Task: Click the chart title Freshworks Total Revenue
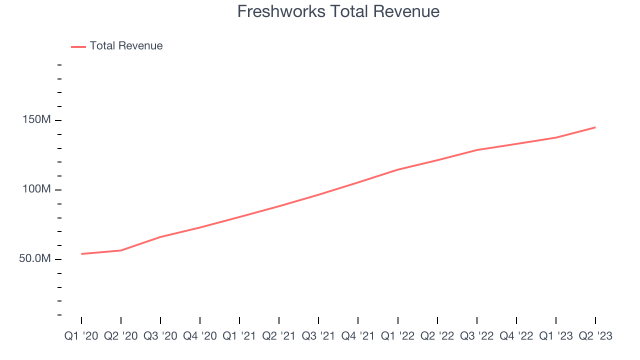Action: coord(338,11)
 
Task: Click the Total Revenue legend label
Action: coord(126,46)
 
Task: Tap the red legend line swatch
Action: coord(78,46)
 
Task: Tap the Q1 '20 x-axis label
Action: coord(81,336)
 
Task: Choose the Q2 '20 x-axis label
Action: coord(121,336)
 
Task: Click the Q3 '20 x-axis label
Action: coord(160,336)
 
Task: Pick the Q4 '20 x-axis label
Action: coord(200,336)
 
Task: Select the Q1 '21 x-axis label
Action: coord(239,336)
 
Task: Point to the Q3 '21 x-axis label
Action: coord(318,336)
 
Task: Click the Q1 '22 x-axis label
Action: coord(398,336)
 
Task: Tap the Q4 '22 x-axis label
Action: coord(516,336)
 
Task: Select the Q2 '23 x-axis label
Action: coord(595,336)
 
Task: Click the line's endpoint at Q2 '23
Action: coord(595,127)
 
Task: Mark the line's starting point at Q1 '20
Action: coord(81,254)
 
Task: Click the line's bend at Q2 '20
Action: coord(121,250)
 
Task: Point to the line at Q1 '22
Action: coord(398,169)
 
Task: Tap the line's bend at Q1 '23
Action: coord(556,137)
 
